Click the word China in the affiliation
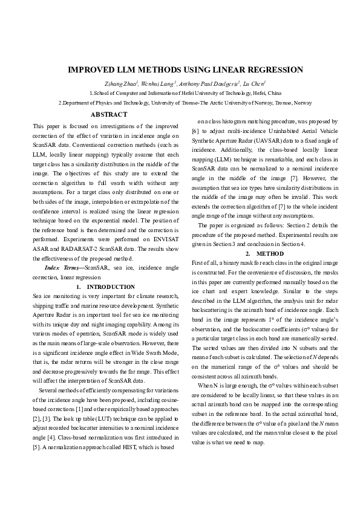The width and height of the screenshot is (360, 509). (273, 94)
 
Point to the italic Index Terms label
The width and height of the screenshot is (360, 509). (64, 267)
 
